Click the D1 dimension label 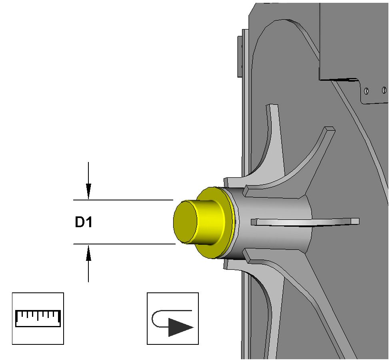[84, 222]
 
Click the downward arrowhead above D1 [88, 191]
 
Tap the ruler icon [38, 318]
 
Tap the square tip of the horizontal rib [354, 221]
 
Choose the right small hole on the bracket [384, 90]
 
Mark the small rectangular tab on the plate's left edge [240, 56]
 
